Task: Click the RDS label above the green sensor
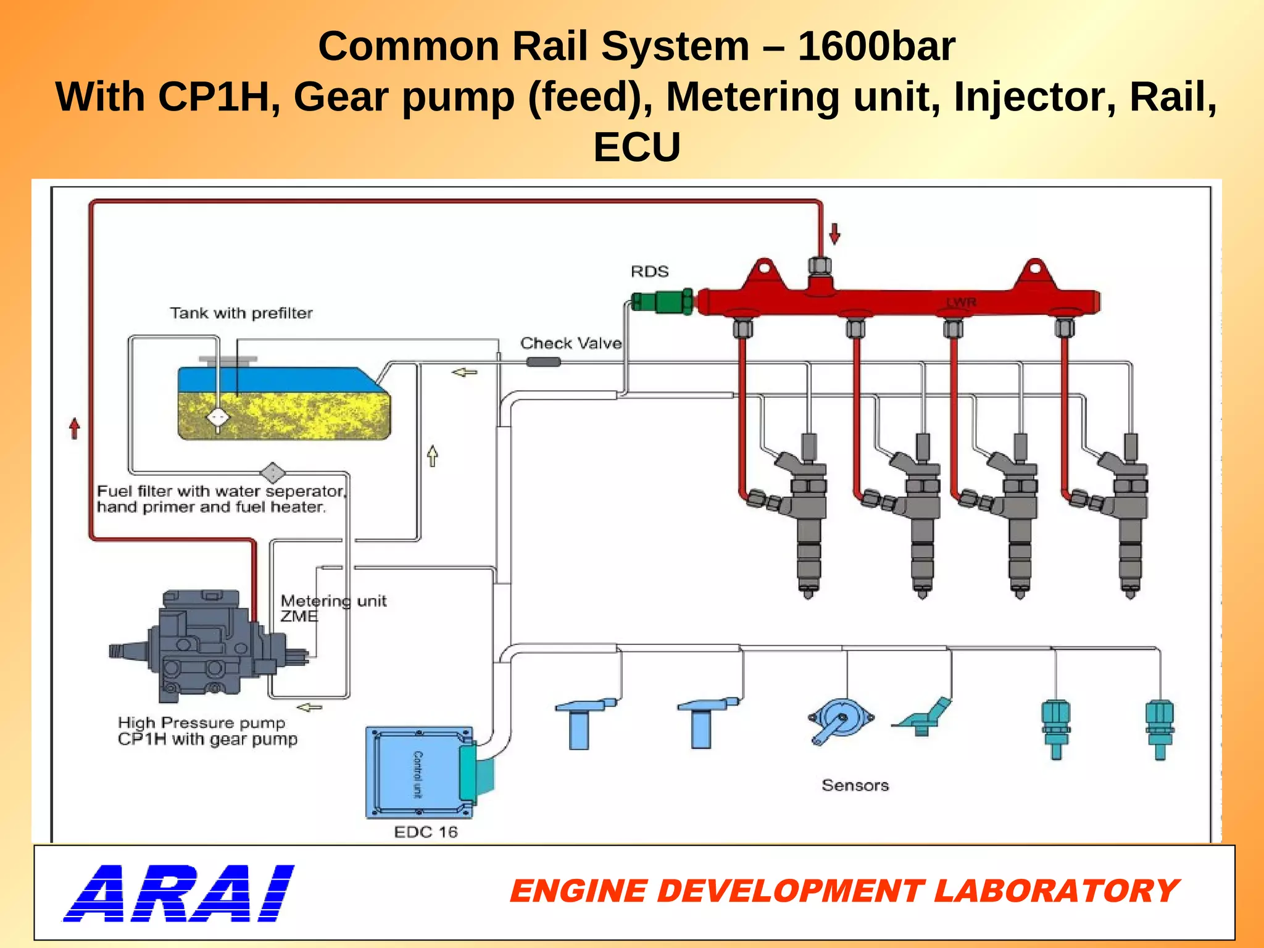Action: (649, 272)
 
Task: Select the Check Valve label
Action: (570, 343)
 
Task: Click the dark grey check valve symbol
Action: (543, 362)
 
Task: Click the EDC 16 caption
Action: (426, 832)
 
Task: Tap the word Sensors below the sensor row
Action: (855, 785)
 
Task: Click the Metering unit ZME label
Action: (333, 609)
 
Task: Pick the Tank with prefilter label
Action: (241, 313)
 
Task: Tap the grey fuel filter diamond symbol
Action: (272, 473)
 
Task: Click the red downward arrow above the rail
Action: (834, 234)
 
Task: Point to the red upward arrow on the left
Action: (75, 428)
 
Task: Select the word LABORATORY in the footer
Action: (1056, 891)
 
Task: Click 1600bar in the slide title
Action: (876, 46)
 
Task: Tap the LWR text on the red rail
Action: (962, 302)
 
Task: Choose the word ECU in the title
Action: (636, 147)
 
